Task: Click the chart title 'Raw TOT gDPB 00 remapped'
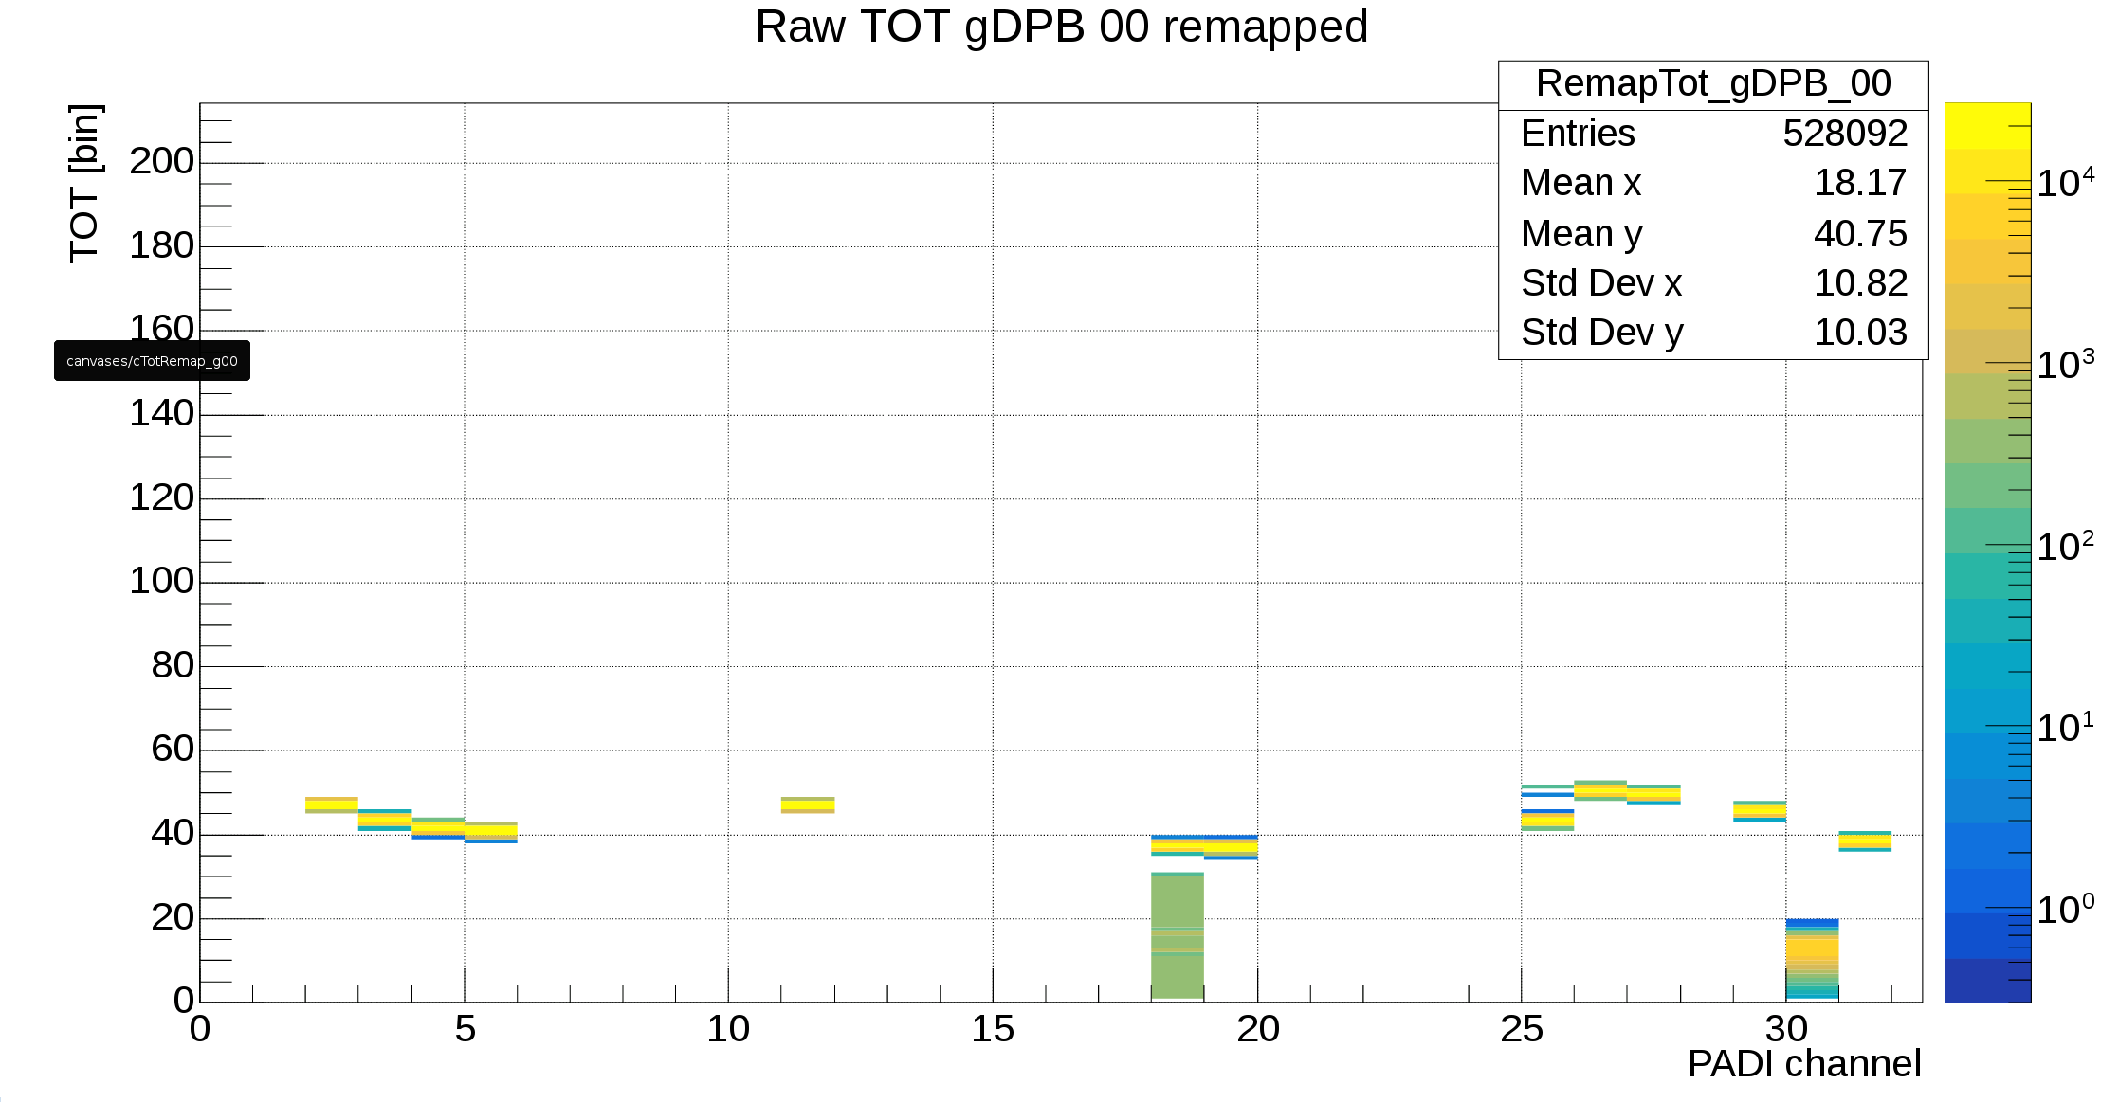[1061, 27]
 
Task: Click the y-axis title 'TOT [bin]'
[85, 183]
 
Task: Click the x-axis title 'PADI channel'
[1803, 1064]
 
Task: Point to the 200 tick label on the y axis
[162, 162]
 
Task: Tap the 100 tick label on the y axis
[162, 582]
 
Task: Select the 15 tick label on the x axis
[992, 1030]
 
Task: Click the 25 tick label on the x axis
[1521, 1030]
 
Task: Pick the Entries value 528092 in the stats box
[1844, 134]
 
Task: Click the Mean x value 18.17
[1859, 183]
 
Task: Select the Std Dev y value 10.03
[1859, 333]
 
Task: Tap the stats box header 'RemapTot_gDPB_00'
[1712, 84]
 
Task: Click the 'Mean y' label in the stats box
[1581, 234]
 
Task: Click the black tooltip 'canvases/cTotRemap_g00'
[152, 361]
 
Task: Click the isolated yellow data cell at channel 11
[808, 805]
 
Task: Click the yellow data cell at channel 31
[1865, 841]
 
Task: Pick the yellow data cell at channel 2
[332, 805]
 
